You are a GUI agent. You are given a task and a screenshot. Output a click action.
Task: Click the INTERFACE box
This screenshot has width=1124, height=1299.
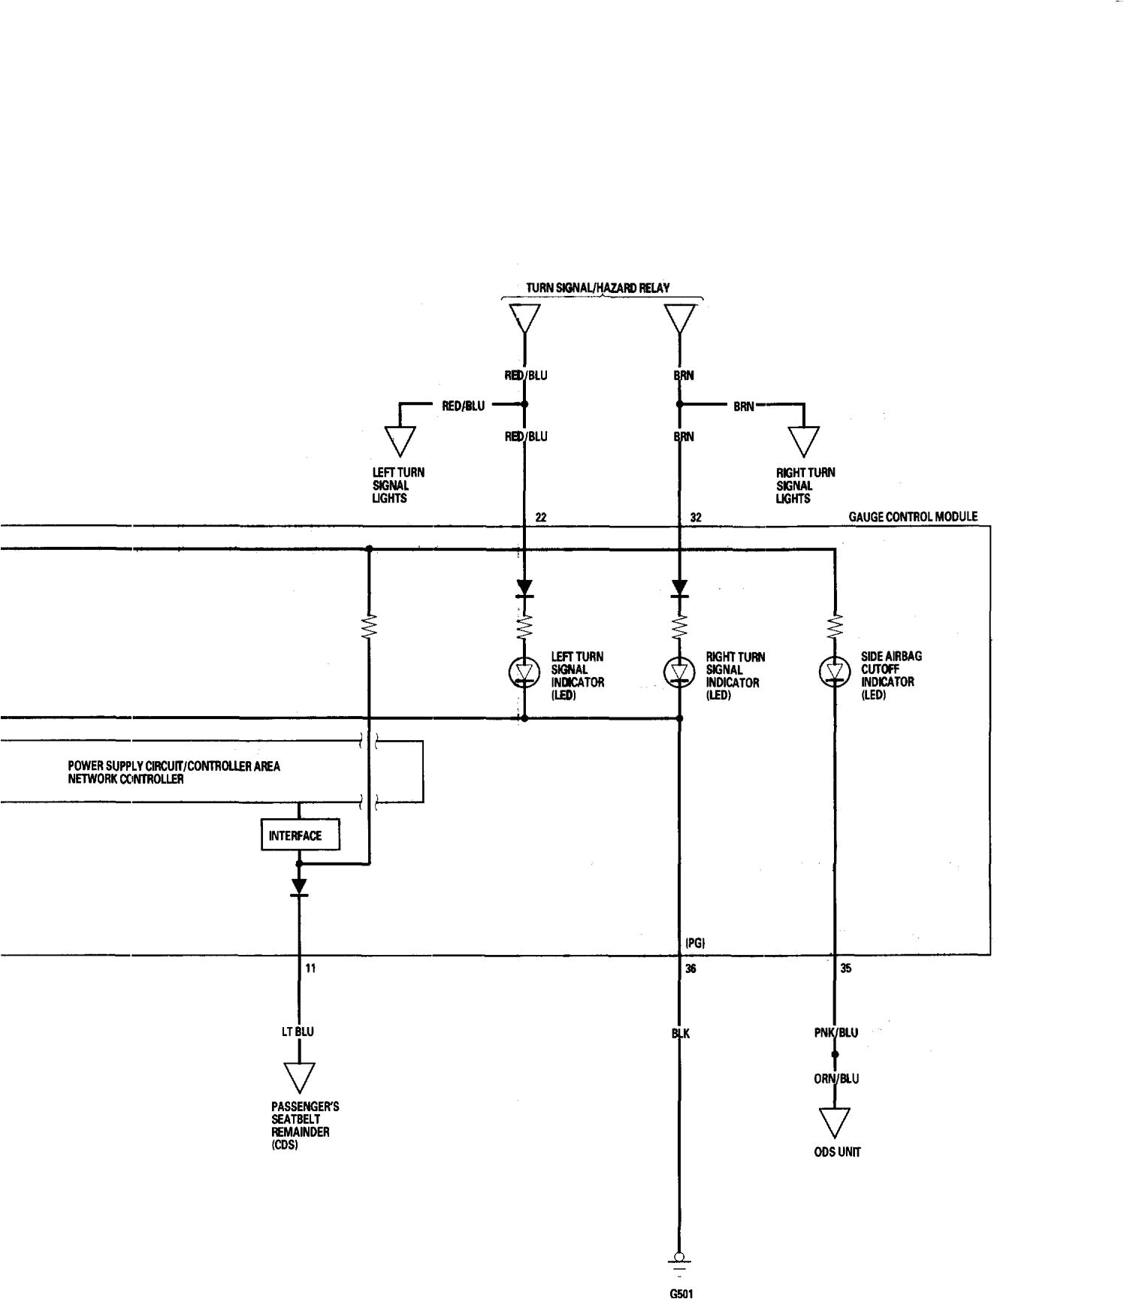point(301,835)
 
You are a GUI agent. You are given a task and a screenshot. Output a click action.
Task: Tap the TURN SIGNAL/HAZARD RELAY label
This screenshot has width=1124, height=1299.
point(597,288)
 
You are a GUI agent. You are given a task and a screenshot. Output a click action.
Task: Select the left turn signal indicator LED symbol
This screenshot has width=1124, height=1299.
point(524,671)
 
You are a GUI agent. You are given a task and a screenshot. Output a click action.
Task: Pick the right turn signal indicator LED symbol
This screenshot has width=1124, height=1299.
point(679,671)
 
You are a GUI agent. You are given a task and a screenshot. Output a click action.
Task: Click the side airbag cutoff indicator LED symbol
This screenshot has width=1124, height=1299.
point(835,671)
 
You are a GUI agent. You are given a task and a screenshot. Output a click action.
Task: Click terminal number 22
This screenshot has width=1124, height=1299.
point(541,518)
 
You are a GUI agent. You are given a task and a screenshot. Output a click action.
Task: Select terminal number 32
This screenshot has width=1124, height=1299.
point(696,518)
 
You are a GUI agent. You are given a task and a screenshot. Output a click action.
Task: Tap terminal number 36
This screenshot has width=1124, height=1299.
point(691,968)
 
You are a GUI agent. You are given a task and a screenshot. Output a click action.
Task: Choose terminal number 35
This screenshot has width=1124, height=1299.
point(846,968)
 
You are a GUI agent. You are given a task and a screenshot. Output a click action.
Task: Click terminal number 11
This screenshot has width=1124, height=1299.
point(310,968)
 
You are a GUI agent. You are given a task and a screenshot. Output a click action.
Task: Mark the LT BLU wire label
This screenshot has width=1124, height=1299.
point(298,1032)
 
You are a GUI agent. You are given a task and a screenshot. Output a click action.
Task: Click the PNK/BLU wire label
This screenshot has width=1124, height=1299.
point(835,1032)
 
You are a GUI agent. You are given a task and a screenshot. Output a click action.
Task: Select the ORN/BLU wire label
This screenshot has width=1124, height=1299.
point(835,1078)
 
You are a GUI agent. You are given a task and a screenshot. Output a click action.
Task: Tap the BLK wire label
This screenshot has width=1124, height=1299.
point(680,1033)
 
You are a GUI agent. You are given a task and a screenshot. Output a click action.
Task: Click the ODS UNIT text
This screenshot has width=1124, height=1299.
point(836,1152)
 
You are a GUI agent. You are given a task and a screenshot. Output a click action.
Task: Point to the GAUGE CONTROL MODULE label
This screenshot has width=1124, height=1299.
point(913,517)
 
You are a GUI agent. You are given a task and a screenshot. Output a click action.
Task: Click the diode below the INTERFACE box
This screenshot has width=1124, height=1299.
point(299,887)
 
